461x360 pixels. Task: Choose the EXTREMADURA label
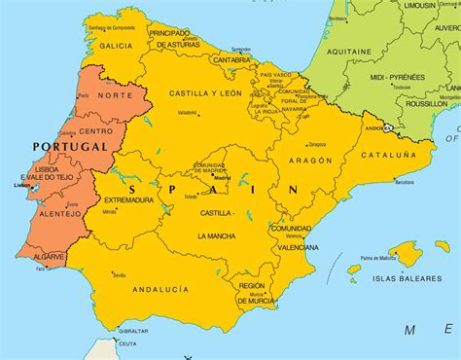(x=129, y=199)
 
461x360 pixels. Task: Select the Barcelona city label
(x=409, y=182)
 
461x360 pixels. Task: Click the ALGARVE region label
(x=47, y=258)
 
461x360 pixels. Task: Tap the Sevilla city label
(x=119, y=275)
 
